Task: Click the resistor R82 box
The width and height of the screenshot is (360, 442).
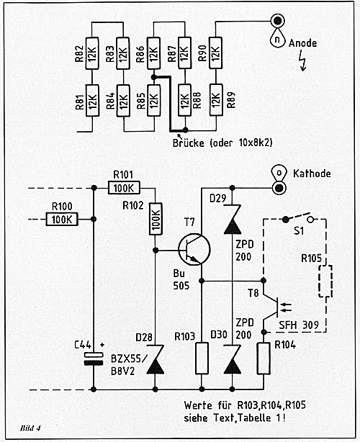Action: pos(92,53)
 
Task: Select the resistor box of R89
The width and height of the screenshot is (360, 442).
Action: pos(216,100)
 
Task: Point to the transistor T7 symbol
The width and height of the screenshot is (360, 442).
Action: pos(194,250)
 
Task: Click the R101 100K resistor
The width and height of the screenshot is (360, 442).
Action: pos(124,188)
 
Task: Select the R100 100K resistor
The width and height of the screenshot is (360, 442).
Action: pos(62,219)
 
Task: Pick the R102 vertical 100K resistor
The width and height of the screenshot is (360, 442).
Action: pos(156,219)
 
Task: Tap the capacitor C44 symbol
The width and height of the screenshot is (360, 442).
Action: pos(94,358)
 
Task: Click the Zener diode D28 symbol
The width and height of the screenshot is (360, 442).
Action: pos(156,359)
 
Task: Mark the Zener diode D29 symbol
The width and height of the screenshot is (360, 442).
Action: pos(233,220)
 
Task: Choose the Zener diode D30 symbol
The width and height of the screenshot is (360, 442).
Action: pos(233,359)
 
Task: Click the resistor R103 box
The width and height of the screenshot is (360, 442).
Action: pos(202,358)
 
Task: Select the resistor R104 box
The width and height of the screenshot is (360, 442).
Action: pos(264,358)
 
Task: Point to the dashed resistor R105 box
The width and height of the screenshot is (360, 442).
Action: pos(325,281)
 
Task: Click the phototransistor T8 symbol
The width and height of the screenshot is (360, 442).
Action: pos(276,307)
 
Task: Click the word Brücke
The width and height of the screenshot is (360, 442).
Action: pos(189,143)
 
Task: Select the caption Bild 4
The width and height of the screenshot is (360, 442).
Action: pos(30,428)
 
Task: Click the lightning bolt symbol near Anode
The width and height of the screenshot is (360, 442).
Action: pos(303,60)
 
